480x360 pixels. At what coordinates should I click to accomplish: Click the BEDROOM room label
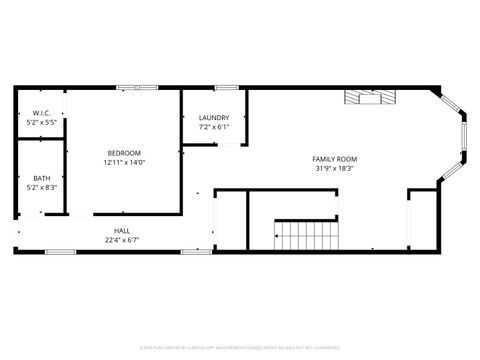[123, 153]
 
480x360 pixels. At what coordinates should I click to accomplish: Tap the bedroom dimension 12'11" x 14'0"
[123, 162]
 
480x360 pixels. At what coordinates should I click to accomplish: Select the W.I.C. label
[41, 113]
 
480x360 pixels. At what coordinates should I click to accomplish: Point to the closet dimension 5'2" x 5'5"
[41, 122]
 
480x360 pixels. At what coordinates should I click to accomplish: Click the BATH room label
[41, 178]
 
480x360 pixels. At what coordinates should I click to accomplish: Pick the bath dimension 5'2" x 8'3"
[41, 187]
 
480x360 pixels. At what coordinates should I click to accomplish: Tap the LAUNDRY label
[214, 118]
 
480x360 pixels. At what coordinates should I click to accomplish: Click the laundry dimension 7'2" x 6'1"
[214, 127]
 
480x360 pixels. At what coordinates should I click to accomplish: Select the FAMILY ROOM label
[334, 159]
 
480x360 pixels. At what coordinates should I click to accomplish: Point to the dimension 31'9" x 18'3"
[334, 168]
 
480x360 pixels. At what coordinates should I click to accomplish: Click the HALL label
[122, 231]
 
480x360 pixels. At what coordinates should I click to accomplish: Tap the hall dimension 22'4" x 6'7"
[122, 240]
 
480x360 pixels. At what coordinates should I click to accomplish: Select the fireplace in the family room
[371, 97]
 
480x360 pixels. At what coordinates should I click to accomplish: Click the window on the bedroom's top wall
[130, 88]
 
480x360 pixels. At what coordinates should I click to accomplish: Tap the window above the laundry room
[227, 88]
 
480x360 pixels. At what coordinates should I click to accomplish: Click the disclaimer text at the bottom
[240, 348]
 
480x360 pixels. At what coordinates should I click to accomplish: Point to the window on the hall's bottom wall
[61, 251]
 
